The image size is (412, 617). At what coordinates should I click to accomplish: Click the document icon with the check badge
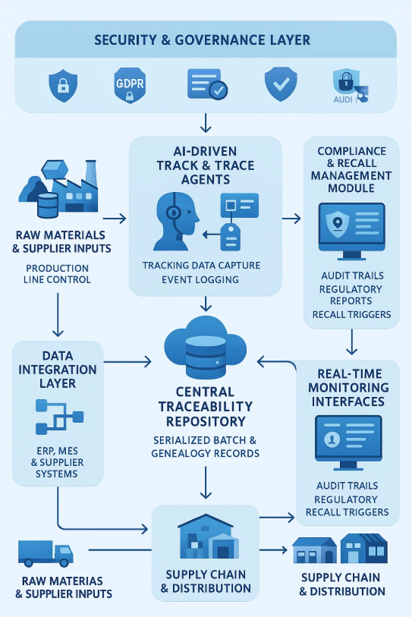tap(206, 84)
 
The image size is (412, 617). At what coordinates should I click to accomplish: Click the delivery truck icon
tap(46, 553)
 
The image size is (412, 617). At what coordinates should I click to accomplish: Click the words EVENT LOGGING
tap(201, 279)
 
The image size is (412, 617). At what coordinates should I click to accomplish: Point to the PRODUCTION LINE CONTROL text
tap(57, 273)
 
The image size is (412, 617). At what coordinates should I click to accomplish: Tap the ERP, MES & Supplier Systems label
tap(58, 463)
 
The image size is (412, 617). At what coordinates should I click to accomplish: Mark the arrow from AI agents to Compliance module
tap(291, 219)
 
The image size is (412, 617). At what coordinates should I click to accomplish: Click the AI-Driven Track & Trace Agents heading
tap(205, 165)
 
